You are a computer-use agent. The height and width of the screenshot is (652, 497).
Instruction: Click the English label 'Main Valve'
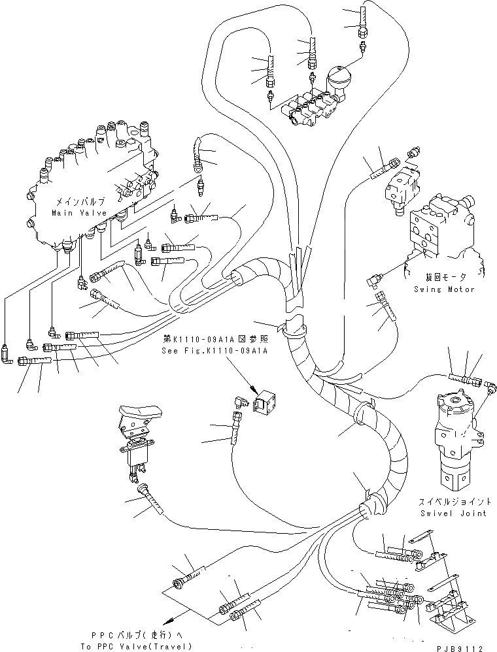coord(76,213)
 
